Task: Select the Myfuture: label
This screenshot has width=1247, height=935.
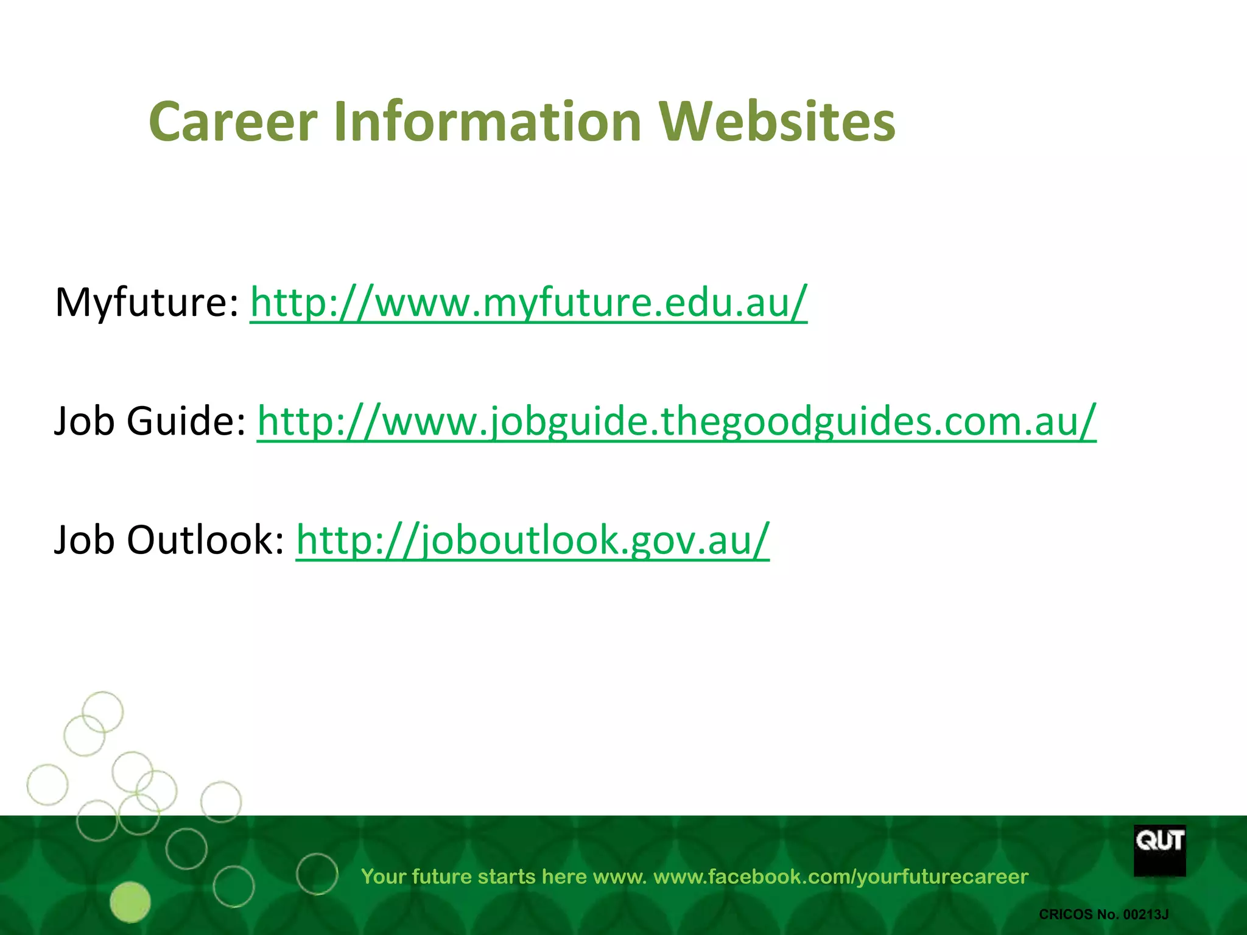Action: tap(147, 303)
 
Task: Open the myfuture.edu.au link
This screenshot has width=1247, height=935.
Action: tap(529, 303)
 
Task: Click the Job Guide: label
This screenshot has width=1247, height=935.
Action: tap(150, 421)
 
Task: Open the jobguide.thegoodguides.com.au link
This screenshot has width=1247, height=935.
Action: tap(676, 421)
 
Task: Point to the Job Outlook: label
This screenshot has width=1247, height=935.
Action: tap(169, 540)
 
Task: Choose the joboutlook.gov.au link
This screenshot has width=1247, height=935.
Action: tap(533, 540)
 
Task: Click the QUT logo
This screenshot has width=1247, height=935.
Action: tap(1159, 850)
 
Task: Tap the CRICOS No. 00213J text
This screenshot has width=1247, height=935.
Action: tap(1103, 914)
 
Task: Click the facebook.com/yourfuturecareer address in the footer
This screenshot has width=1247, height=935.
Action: tap(841, 877)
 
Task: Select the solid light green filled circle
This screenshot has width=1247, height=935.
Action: tap(130, 902)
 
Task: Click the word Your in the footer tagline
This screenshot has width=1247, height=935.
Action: tap(383, 877)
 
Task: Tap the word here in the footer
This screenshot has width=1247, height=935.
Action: tap(564, 877)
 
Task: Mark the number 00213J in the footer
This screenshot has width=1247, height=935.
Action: tap(1145, 914)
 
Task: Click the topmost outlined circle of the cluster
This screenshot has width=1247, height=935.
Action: tap(102, 712)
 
